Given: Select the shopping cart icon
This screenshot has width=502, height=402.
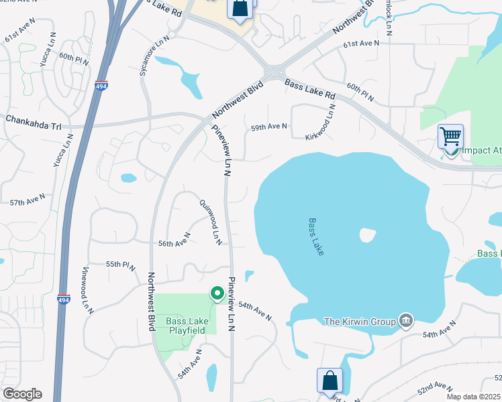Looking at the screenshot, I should click(x=450, y=136).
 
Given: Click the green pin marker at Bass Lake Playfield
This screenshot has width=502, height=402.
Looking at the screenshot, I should click(x=217, y=293).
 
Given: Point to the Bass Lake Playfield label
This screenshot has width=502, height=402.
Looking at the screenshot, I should click(x=187, y=326).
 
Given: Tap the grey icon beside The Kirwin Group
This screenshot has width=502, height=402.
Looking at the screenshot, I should click(x=405, y=321).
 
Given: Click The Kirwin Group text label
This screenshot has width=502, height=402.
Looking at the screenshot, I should click(x=360, y=322).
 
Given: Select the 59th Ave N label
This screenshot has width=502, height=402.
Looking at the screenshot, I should click(x=269, y=126).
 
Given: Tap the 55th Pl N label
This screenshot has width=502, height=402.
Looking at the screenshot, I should click(x=122, y=265).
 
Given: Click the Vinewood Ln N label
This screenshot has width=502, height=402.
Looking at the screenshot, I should click(x=86, y=289).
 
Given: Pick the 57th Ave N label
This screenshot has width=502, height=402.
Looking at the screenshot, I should click(x=28, y=200).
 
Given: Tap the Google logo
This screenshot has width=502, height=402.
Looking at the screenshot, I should click(x=22, y=394).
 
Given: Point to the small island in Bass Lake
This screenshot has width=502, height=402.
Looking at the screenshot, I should click(x=366, y=235).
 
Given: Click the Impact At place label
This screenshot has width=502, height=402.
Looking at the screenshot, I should click(x=481, y=151).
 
